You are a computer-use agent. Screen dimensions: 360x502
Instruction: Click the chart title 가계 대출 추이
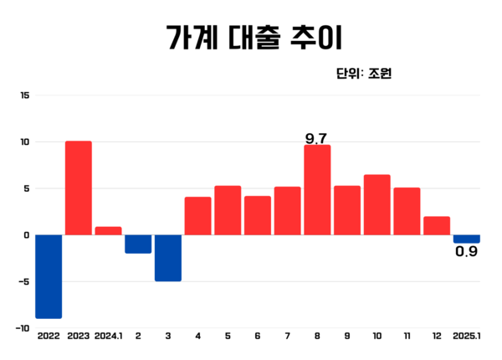click(251, 38)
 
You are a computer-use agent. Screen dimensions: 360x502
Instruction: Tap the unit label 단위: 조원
click(363, 74)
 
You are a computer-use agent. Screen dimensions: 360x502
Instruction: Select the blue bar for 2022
click(49, 276)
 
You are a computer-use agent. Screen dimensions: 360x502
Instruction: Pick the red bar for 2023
click(79, 188)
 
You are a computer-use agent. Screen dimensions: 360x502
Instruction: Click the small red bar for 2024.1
click(109, 231)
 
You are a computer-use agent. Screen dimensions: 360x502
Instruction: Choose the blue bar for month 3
click(168, 258)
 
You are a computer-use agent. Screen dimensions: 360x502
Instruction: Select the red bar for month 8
click(317, 190)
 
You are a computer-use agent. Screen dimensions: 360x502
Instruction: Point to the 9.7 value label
click(316, 138)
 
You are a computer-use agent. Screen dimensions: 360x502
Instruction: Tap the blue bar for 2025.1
click(467, 239)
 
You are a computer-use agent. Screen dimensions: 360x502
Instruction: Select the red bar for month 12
click(437, 226)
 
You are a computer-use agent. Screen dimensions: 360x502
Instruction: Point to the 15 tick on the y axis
click(24, 95)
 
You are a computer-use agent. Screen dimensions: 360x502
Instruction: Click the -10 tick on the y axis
click(22, 328)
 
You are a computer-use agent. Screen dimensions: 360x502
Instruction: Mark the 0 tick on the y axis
click(26, 235)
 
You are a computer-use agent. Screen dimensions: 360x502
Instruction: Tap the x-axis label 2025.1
click(467, 336)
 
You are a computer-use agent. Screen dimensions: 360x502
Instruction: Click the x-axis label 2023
click(79, 336)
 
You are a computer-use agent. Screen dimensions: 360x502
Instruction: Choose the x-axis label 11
click(407, 336)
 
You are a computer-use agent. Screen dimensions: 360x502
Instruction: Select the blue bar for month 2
click(138, 244)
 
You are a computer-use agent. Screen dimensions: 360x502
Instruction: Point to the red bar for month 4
click(197, 216)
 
